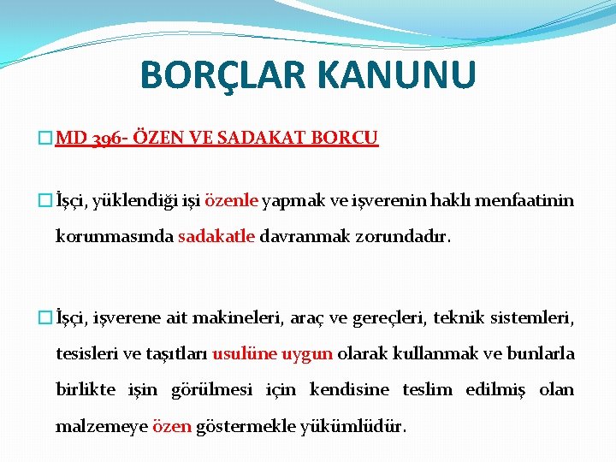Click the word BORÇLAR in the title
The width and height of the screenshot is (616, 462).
point(223,74)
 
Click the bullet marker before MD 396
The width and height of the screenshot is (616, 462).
point(47,138)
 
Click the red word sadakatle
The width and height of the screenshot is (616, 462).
point(216,235)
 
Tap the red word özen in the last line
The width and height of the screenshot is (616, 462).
point(171,425)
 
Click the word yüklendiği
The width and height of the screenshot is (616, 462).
point(127,201)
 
